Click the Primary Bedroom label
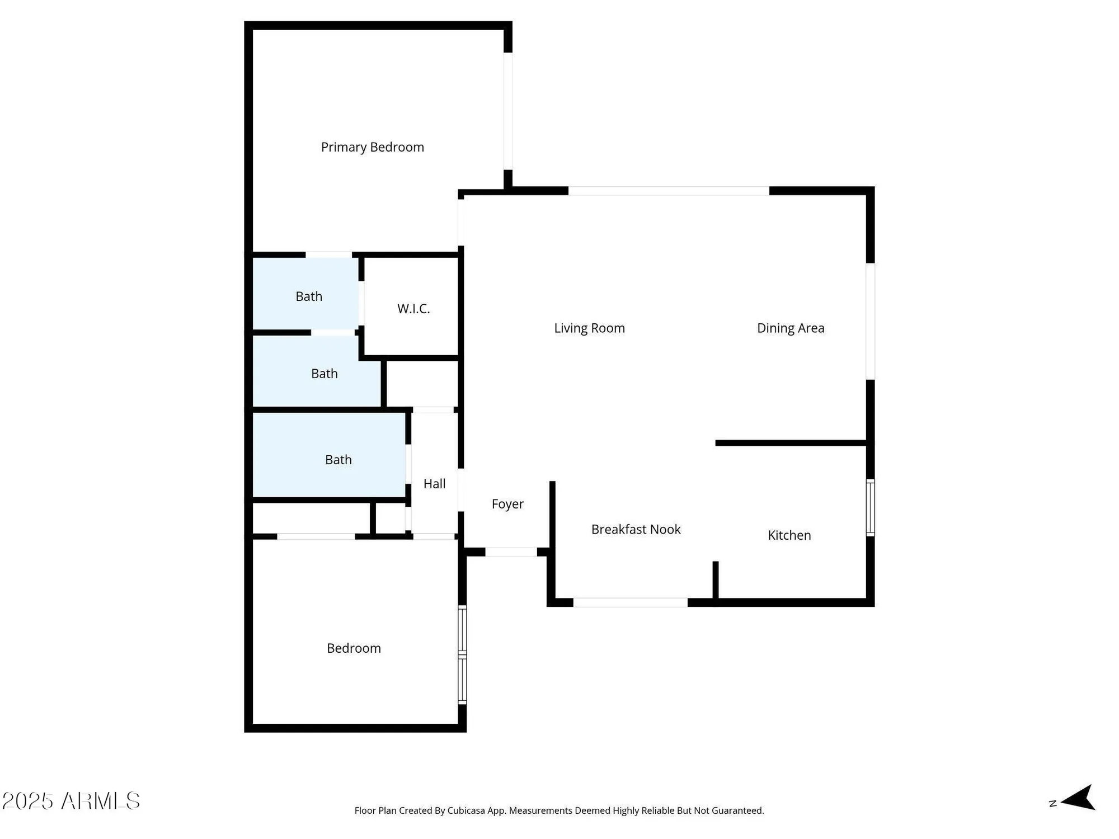(372, 147)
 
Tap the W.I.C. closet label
(413, 309)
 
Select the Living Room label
(589, 328)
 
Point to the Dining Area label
(790, 328)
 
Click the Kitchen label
(789, 535)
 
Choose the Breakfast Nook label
(636, 530)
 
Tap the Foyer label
(507, 504)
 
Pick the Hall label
(434, 484)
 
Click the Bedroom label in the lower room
(354, 648)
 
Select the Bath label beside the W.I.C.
(309, 296)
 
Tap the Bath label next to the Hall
(338, 460)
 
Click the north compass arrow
(1078, 798)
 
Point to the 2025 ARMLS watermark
(71, 801)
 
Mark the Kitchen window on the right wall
(870, 507)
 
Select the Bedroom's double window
(462, 654)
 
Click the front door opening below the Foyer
(511, 552)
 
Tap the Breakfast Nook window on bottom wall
(630, 602)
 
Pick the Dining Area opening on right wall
(870, 321)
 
